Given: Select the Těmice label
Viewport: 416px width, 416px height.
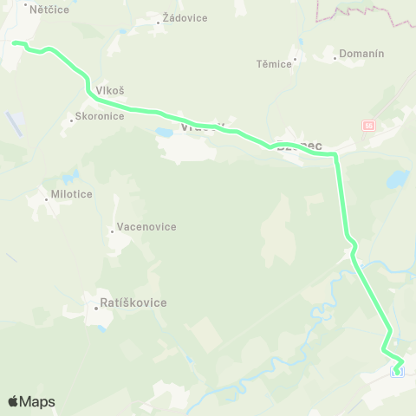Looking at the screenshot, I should click(x=275, y=64).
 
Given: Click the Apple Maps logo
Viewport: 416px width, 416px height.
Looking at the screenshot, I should click(x=31, y=401).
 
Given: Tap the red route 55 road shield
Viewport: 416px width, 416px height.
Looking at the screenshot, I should click(x=368, y=126).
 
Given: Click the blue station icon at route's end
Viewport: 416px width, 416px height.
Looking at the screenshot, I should click(x=398, y=372).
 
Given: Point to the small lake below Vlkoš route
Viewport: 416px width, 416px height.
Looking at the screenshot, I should click(x=163, y=133).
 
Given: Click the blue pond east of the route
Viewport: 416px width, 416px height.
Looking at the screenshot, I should click(x=397, y=180).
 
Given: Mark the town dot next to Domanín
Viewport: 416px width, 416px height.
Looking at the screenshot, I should click(x=335, y=59).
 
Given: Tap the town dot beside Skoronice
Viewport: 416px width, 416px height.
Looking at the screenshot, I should click(x=72, y=121).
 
